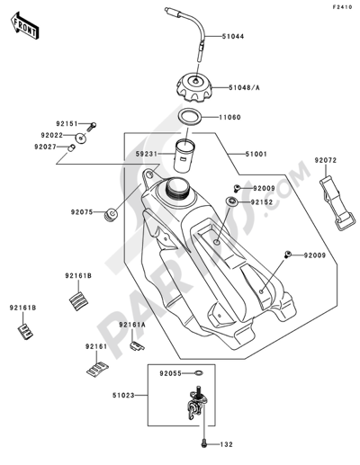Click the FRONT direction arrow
click(24, 26)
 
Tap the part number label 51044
click(233, 37)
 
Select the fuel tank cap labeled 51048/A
click(194, 87)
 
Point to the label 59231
click(146, 154)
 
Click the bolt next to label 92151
click(92, 126)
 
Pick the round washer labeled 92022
click(81, 139)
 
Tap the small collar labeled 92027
click(71, 148)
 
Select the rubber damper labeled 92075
click(111, 214)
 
